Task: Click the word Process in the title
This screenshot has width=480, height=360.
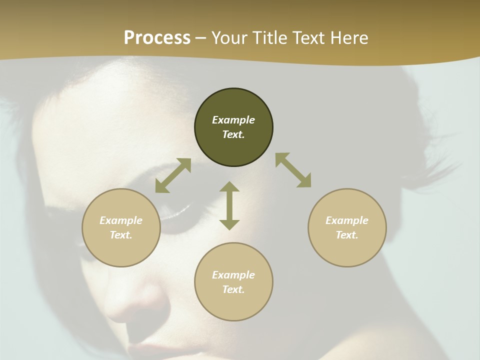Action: coord(157,38)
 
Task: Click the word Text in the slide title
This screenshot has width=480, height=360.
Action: coord(310,38)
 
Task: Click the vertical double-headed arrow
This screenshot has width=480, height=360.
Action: coord(229,205)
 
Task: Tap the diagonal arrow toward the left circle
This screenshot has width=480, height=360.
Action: coord(173,175)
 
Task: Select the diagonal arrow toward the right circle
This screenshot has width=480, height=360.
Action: coord(293,170)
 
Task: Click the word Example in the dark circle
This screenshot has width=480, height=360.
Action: coord(233,120)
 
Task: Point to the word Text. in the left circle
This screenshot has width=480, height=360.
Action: coord(121,235)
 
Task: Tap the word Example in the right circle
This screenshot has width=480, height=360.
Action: coord(347,220)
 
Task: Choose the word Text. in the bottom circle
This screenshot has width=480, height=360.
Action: coord(233,289)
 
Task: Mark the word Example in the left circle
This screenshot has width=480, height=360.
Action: coord(121,220)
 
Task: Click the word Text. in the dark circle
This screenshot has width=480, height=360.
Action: coord(233,134)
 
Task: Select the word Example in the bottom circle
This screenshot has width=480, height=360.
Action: coord(233,275)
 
